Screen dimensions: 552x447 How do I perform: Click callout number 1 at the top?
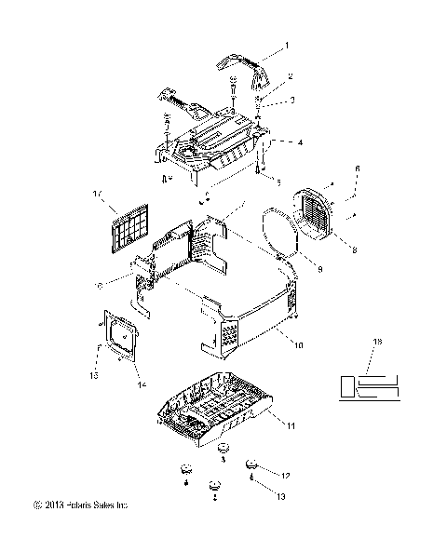[x=287, y=46]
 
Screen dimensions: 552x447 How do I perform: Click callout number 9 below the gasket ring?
[x=293, y=270]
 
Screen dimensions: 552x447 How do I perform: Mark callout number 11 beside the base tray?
[x=291, y=426]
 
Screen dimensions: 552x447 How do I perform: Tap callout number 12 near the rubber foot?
[x=287, y=475]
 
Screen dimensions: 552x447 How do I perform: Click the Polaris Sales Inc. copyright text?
[x=79, y=505]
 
